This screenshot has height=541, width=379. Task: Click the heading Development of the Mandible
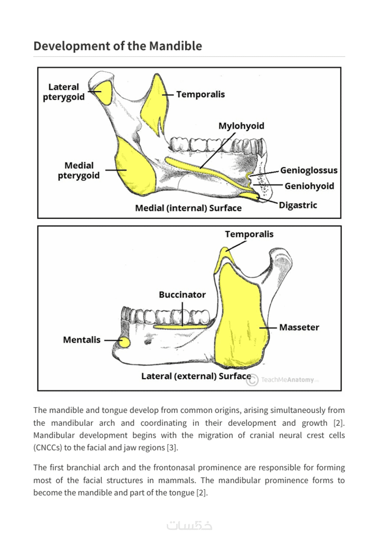pyautogui.click(x=117, y=46)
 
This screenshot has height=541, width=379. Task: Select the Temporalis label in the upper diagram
pyautogui.click(x=200, y=94)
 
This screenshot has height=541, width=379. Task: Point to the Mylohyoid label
pyautogui.click(x=241, y=126)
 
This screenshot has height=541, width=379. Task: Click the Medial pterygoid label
pyautogui.click(x=79, y=170)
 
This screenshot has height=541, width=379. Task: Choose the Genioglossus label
pyautogui.click(x=309, y=170)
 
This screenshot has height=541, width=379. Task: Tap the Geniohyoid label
pyautogui.click(x=309, y=186)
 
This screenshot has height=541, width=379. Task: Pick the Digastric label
pyautogui.click(x=298, y=205)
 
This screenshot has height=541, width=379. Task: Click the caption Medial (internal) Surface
pyautogui.click(x=188, y=208)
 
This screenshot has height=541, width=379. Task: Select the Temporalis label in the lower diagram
pyautogui.click(x=249, y=234)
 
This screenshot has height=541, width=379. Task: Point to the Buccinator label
pyautogui.click(x=182, y=295)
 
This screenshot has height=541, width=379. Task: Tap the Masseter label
pyautogui.click(x=299, y=327)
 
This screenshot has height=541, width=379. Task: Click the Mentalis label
pyautogui.click(x=82, y=340)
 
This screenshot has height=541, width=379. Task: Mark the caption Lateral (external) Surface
pyautogui.click(x=196, y=376)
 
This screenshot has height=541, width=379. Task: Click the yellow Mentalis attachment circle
pyautogui.click(x=125, y=342)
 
